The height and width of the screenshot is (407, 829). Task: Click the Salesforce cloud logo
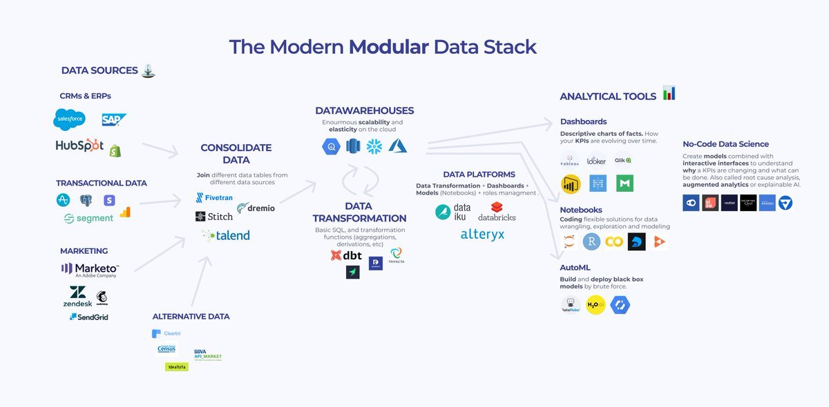click(69, 119)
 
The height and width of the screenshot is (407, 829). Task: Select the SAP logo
click(114, 120)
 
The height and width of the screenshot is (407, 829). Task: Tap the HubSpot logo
click(79, 146)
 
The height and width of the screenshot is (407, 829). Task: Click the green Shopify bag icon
click(115, 149)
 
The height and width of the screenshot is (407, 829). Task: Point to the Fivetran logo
click(214, 197)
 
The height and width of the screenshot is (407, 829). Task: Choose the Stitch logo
click(214, 217)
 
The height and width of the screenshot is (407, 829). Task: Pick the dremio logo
click(256, 208)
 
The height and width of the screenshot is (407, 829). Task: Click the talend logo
click(227, 235)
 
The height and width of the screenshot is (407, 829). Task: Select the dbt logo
click(347, 255)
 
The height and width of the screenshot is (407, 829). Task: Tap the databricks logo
click(497, 212)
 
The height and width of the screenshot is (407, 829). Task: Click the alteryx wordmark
click(483, 235)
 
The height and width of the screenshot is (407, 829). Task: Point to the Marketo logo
click(90, 269)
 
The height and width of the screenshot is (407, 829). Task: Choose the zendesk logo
click(77, 296)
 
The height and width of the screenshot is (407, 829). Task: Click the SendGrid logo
click(88, 317)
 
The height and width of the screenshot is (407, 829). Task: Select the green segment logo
click(88, 218)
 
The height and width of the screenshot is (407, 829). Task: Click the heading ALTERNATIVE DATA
click(191, 317)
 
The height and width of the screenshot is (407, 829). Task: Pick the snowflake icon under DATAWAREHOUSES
click(374, 146)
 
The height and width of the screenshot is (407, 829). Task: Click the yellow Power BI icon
click(571, 184)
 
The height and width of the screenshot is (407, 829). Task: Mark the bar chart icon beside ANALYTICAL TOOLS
click(669, 93)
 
